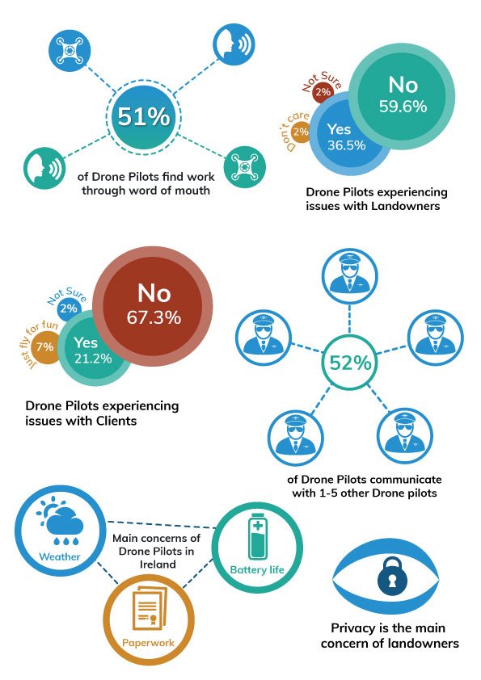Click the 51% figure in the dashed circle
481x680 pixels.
pos(144,116)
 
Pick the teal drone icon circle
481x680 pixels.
pos(243,166)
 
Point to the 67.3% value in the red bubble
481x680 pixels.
pos(154,317)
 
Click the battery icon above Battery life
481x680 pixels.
pos(257,539)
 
